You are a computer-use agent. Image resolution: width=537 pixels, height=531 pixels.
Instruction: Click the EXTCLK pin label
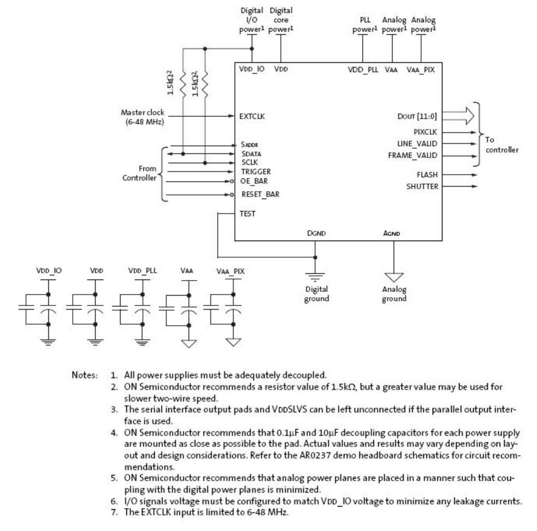click(x=253, y=117)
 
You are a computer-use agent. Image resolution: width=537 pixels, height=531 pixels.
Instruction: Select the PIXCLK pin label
click(x=429, y=132)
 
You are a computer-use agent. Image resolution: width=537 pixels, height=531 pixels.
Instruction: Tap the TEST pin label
click(x=248, y=213)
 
